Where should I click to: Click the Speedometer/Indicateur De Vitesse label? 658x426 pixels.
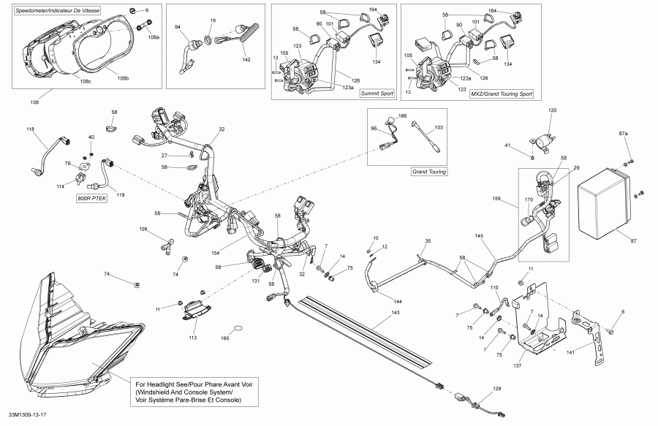[x=58, y=10]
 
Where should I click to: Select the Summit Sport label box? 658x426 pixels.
[x=377, y=94]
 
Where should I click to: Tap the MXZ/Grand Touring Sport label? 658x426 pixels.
[x=502, y=94]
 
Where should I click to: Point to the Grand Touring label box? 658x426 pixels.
[x=429, y=172]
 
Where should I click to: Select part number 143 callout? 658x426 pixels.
[x=395, y=312]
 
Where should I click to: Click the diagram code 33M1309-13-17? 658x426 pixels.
[x=27, y=415]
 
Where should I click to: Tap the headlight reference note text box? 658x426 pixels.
[x=194, y=392]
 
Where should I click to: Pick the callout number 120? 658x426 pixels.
[x=552, y=110]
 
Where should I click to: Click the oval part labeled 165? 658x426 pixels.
[x=238, y=328]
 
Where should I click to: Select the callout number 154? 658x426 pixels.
[x=216, y=253]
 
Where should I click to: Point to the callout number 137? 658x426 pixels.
[x=518, y=365]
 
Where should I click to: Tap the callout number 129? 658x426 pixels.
[x=496, y=389]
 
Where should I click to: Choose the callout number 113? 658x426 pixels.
[x=192, y=338]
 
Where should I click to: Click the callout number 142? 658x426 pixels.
[x=246, y=59]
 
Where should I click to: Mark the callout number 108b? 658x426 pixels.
[x=123, y=78]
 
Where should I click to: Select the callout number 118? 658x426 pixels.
[x=30, y=129]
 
